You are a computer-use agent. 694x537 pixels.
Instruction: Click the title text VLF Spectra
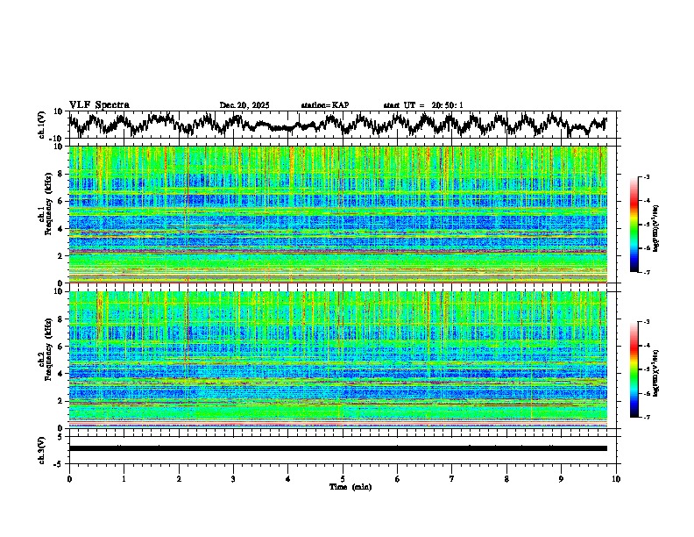click(x=99, y=104)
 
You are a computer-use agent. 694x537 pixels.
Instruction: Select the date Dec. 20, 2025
click(x=244, y=105)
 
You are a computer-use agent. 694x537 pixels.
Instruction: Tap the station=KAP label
click(x=325, y=105)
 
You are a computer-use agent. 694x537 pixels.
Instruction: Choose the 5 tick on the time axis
click(x=343, y=478)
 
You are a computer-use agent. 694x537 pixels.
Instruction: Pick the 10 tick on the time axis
click(x=616, y=478)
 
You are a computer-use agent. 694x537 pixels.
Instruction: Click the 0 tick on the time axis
click(x=69, y=478)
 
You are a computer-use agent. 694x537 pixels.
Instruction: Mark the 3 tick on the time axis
click(x=233, y=478)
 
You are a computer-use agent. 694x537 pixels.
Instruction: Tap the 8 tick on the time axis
click(x=506, y=478)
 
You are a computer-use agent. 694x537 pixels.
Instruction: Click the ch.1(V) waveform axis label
click(x=41, y=125)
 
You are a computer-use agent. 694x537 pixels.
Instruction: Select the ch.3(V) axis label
click(x=41, y=447)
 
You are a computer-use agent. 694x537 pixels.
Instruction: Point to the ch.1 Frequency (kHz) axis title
click(x=46, y=214)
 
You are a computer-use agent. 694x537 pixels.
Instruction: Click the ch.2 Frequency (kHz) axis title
click(x=46, y=360)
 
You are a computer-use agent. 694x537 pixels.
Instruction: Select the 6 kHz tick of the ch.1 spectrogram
click(x=61, y=201)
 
